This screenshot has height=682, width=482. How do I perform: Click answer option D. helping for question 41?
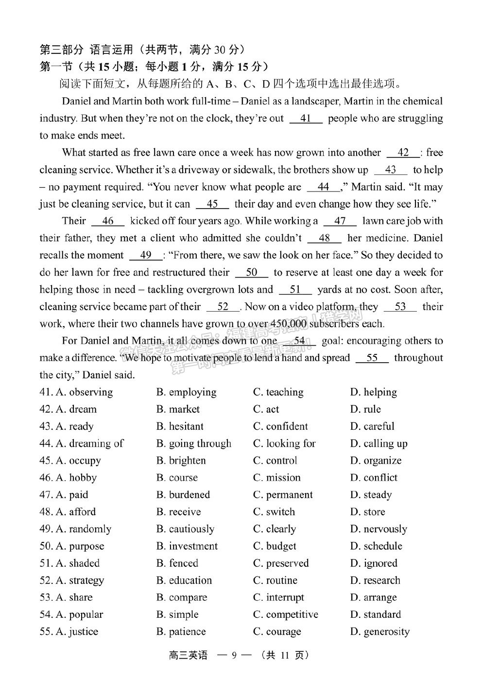373,392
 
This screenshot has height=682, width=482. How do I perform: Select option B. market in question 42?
178,409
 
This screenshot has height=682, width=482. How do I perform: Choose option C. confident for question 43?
280,426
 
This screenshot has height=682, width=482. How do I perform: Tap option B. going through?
194,443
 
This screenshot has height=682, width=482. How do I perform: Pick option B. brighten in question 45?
181,460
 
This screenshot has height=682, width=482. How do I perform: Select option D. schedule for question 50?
376,546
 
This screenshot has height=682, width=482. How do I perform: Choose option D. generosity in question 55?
379,631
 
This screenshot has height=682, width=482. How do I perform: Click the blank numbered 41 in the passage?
306,119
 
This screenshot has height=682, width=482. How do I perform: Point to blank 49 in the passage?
145,255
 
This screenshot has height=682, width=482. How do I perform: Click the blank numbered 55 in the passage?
372,358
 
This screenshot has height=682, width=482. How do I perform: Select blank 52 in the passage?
223,307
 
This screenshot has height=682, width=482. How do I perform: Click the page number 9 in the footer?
234,655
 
